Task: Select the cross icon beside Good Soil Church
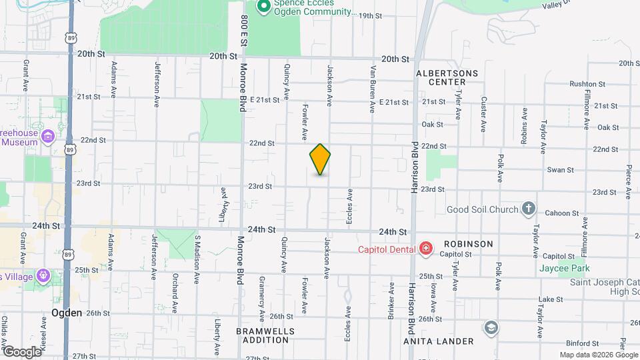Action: (x=528, y=208)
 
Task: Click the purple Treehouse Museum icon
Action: (x=47, y=137)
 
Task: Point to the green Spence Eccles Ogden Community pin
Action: (x=263, y=7)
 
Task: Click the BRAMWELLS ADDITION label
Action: (x=263, y=335)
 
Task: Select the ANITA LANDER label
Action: (x=438, y=341)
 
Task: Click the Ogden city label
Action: (x=67, y=313)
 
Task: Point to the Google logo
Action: (x=22, y=351)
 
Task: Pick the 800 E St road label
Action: (x=245, y=30)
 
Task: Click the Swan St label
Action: (x=560, y=170)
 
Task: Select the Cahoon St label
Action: (x=561, y=213)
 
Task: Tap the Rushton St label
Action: (x=587, y=85)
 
